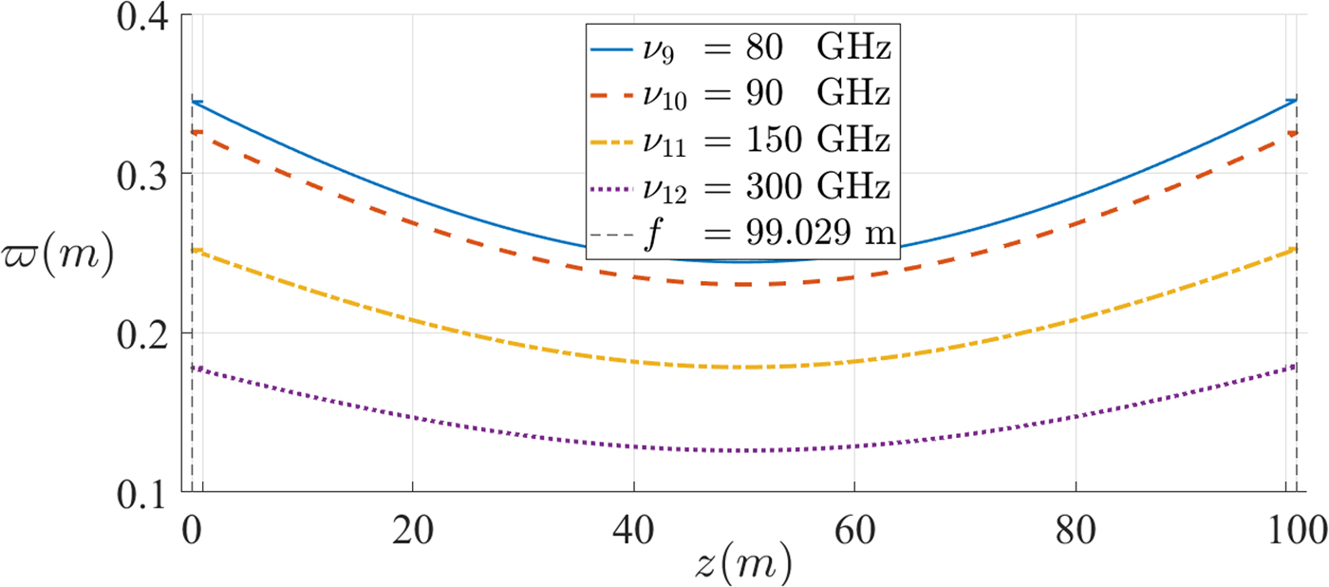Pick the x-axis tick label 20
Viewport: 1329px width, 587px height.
412,525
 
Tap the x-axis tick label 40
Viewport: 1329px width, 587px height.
633,525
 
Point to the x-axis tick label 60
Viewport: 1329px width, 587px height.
854,525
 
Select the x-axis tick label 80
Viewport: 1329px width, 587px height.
1076,525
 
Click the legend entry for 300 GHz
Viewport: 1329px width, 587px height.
740,186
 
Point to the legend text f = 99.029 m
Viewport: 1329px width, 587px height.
740,234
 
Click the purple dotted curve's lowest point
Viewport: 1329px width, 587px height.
745,450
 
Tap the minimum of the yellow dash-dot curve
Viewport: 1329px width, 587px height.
745,367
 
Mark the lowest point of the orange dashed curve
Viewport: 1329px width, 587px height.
745,284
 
